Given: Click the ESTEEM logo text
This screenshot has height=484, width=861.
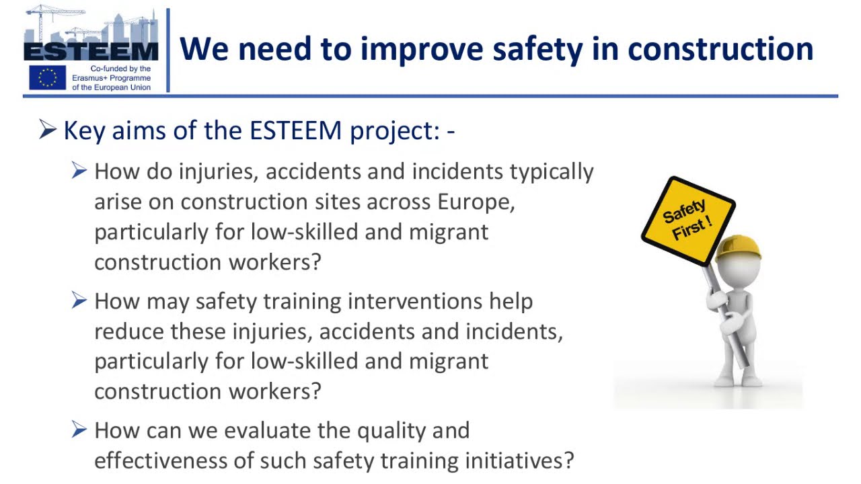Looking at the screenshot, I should [x=91, y=52].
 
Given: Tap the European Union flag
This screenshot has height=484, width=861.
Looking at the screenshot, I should [x=47, y=77].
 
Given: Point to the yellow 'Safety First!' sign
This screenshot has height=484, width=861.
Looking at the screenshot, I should [x=687, y=220].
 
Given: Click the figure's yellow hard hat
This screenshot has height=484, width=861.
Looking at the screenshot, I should [x=738, y=247].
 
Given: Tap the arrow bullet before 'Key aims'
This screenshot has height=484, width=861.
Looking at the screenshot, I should [x=47, y=129].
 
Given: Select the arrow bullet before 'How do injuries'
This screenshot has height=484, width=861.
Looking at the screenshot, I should [x=79, y=171].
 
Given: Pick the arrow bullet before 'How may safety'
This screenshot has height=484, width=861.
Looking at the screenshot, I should [x=79, y=300].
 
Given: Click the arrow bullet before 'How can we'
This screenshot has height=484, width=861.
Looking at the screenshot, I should [x=79, y=430].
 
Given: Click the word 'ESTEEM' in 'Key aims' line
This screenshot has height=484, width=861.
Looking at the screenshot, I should [x=295, y=130].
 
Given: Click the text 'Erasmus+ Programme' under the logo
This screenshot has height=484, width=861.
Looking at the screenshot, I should [x=111, y=78].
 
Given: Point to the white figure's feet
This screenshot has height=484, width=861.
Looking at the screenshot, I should [x=738, y=380].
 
